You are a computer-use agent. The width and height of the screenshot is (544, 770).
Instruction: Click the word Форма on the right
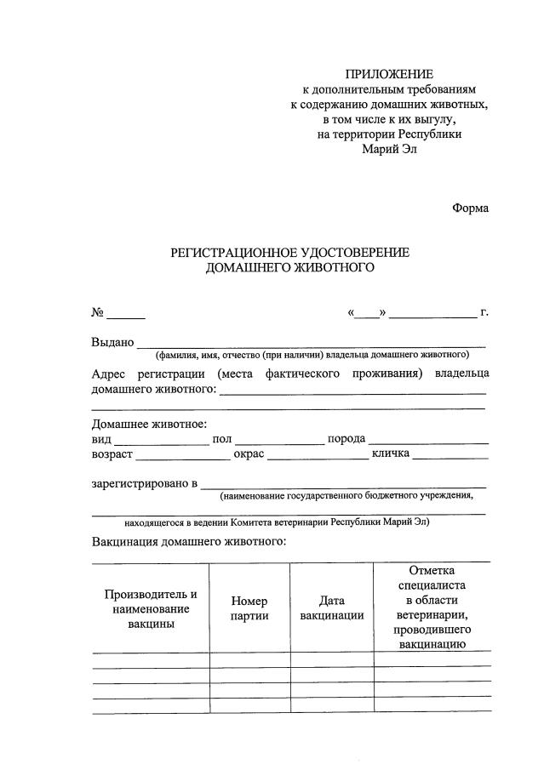point(470,207)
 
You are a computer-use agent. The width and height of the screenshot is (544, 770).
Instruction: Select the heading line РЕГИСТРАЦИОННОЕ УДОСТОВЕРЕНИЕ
point(290,253)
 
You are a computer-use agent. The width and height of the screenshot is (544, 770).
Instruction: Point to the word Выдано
point(112,343)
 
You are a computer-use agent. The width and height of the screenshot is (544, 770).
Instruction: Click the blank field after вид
point(161,440)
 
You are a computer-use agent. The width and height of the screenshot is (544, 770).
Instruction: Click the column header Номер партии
point(249,608)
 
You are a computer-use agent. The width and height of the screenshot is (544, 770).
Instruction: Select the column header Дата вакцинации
point(332,608)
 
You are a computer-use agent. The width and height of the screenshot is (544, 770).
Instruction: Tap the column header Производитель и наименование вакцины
point(151,608)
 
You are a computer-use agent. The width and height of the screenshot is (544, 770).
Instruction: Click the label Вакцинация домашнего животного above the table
point(188,541)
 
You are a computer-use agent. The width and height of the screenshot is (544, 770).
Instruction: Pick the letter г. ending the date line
point(484,312)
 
